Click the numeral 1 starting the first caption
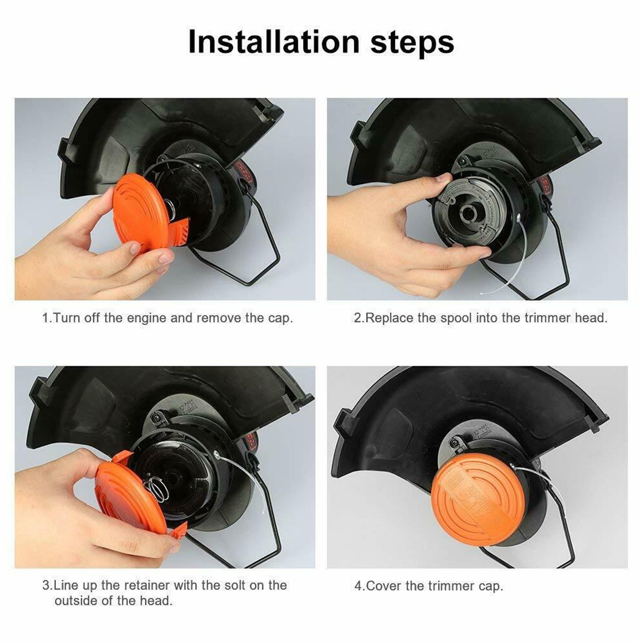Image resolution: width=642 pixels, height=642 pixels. click(x=45, y=318)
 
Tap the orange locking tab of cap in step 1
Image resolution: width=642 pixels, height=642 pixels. click(x=183, y=233)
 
